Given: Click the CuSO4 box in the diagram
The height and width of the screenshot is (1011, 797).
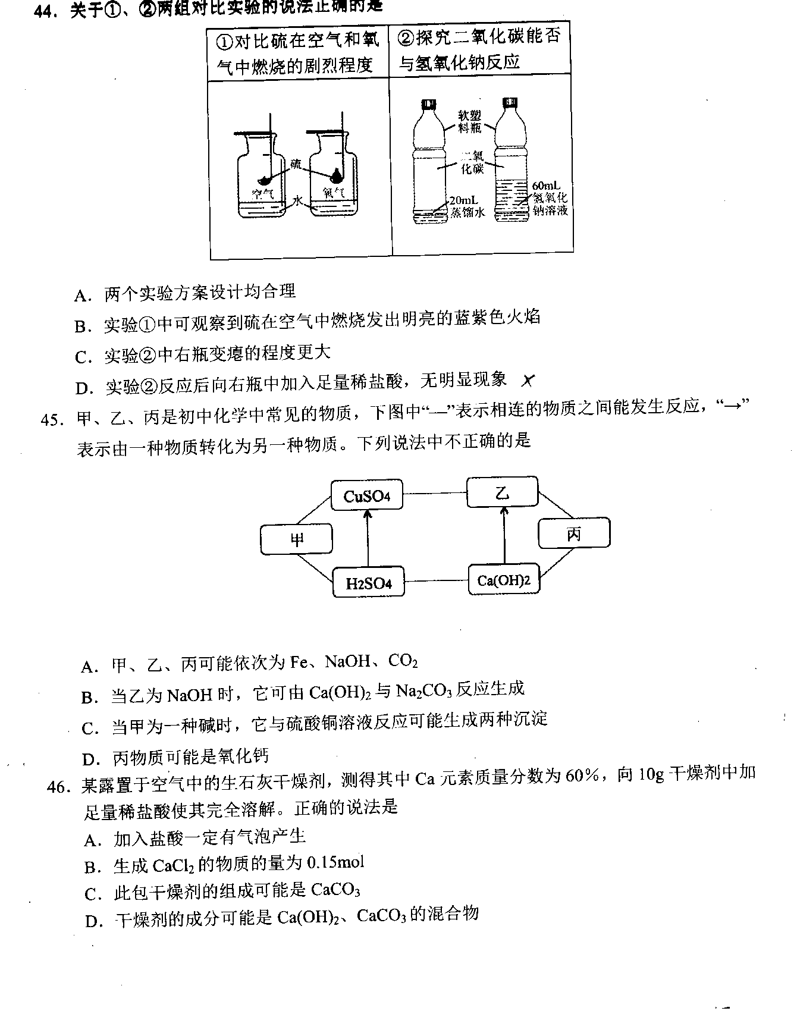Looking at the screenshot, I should [x=367, y=495].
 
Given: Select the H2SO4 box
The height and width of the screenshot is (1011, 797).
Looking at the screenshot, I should [x=368, y=582].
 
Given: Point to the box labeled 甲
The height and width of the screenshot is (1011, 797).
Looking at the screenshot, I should [x=296, y=539].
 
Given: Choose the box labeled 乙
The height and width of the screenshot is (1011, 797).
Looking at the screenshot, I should [x=503, y=492].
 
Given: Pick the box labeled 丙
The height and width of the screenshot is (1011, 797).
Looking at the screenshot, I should [x=574, y=533].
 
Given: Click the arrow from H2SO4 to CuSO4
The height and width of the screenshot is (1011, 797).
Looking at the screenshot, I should [x=368, y=539].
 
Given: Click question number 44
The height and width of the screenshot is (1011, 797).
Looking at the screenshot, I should [x=49, y=10].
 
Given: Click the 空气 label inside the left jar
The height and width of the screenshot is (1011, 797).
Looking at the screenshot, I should [x=262, y=193].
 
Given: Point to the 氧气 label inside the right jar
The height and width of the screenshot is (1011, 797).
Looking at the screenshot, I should [x=334, y=193].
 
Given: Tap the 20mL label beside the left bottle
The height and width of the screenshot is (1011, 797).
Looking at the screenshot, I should [x=463, y=200].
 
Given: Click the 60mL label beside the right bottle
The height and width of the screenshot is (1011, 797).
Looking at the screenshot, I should [x=545, y=186].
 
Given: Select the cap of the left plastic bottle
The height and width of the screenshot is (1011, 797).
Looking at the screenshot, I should [x=428, y=105].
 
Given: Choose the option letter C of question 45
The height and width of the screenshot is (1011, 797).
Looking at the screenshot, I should [x=90, y=728].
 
